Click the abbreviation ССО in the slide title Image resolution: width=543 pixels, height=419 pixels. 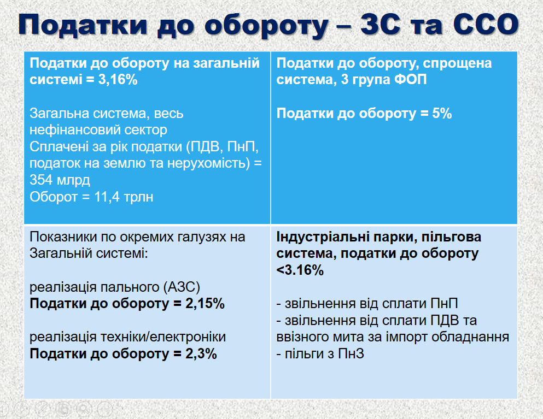[486, 25]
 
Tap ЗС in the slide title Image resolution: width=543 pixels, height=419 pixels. [380, 25]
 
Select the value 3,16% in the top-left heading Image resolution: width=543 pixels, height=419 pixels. [118, 80]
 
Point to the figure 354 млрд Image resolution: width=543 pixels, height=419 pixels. [60, 180]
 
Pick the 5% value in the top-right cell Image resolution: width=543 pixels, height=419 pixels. [442, 114]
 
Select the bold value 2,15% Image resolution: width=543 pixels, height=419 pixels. [205, 303]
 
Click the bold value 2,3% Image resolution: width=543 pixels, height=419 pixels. [201, 354]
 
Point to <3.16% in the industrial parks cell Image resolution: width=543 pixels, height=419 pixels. [300, 270]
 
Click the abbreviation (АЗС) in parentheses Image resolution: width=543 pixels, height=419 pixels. [183, 287]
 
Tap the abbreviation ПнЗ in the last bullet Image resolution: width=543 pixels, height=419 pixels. [351, 354]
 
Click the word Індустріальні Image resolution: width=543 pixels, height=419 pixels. [322, 237]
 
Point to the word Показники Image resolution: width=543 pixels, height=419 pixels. [63, 237]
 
